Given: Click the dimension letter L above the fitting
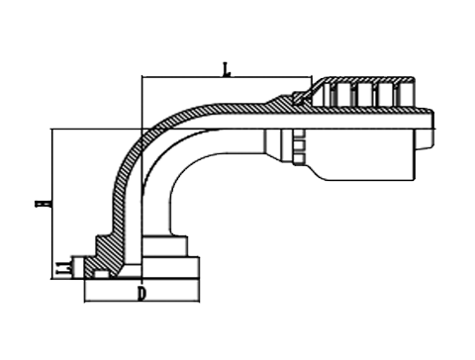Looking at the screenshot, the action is click(x=227, y=69).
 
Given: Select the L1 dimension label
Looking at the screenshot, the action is click(x=61, y=266).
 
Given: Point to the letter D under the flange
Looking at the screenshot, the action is click(x=142, y=294).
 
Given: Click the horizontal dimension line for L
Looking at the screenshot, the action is click(x=227, y=78).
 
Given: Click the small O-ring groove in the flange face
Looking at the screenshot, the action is click(x=100, y=273).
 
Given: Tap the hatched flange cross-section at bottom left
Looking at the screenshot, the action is click(x=107, y=255).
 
